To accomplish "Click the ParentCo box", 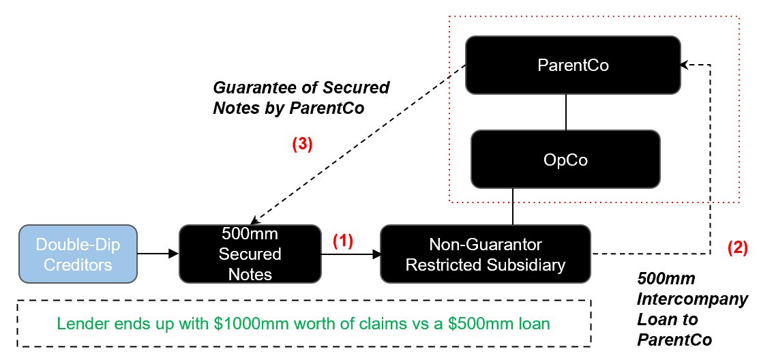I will pyautogui.click(x=573, y=65).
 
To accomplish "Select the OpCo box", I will pyautogui.click(x=565, y=160).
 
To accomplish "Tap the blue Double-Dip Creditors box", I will pyautogui.click(x=78, y=254).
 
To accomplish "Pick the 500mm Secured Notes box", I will pyautogui.click(x=250, y=254).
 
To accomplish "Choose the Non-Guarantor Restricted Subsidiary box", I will pyautogui.click(x=485, y=254).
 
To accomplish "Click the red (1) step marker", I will pyautogui.click(x=343, y=241).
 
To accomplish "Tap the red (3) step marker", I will pyautogui.click(x=301, y=145).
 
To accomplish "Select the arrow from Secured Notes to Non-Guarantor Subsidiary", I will pyautogui.click(x=351, y=254).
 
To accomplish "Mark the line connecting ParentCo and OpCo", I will pyautogui.click(x=566, y=112).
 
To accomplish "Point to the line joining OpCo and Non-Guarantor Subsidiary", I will pyautogui.click(x=512, y=207).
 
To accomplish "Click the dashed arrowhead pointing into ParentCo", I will pyautogui.click(x=685, y=65).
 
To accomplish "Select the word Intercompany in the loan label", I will pyautogui.click(x=692, y=299).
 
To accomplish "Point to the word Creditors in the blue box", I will pyautogui.click(x=78, y=264).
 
